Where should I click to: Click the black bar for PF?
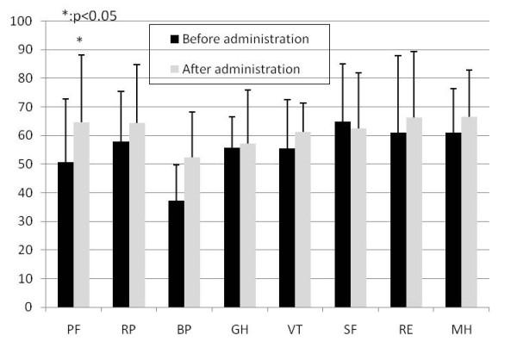[x=65, y=234]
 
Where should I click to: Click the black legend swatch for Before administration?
[x=174, y=39]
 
